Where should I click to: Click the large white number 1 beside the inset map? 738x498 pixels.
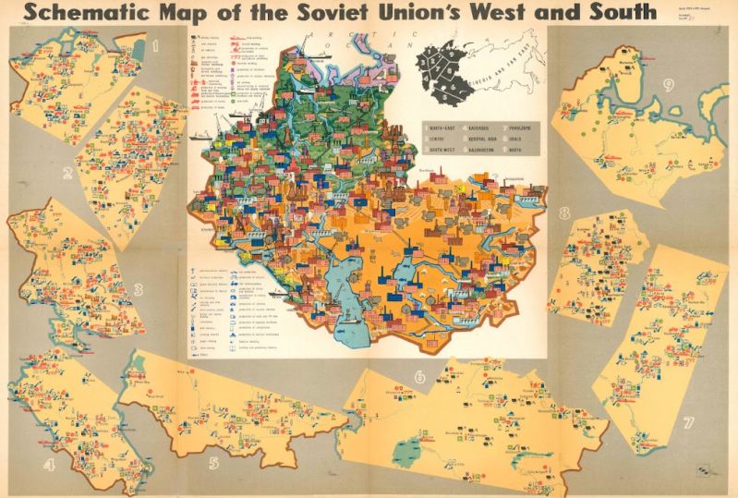click(156, 43)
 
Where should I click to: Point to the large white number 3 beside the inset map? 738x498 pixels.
click(138, 289)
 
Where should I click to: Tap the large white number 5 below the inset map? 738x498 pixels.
click(213, 462)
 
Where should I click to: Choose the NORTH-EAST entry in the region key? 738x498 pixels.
click(438, 127)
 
